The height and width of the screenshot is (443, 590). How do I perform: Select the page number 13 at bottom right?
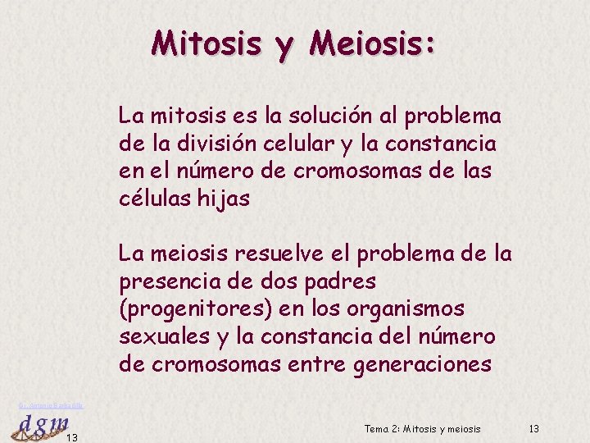click(x=534, y=429)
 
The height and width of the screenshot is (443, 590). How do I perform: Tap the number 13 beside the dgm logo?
click(x=71, y=437)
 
